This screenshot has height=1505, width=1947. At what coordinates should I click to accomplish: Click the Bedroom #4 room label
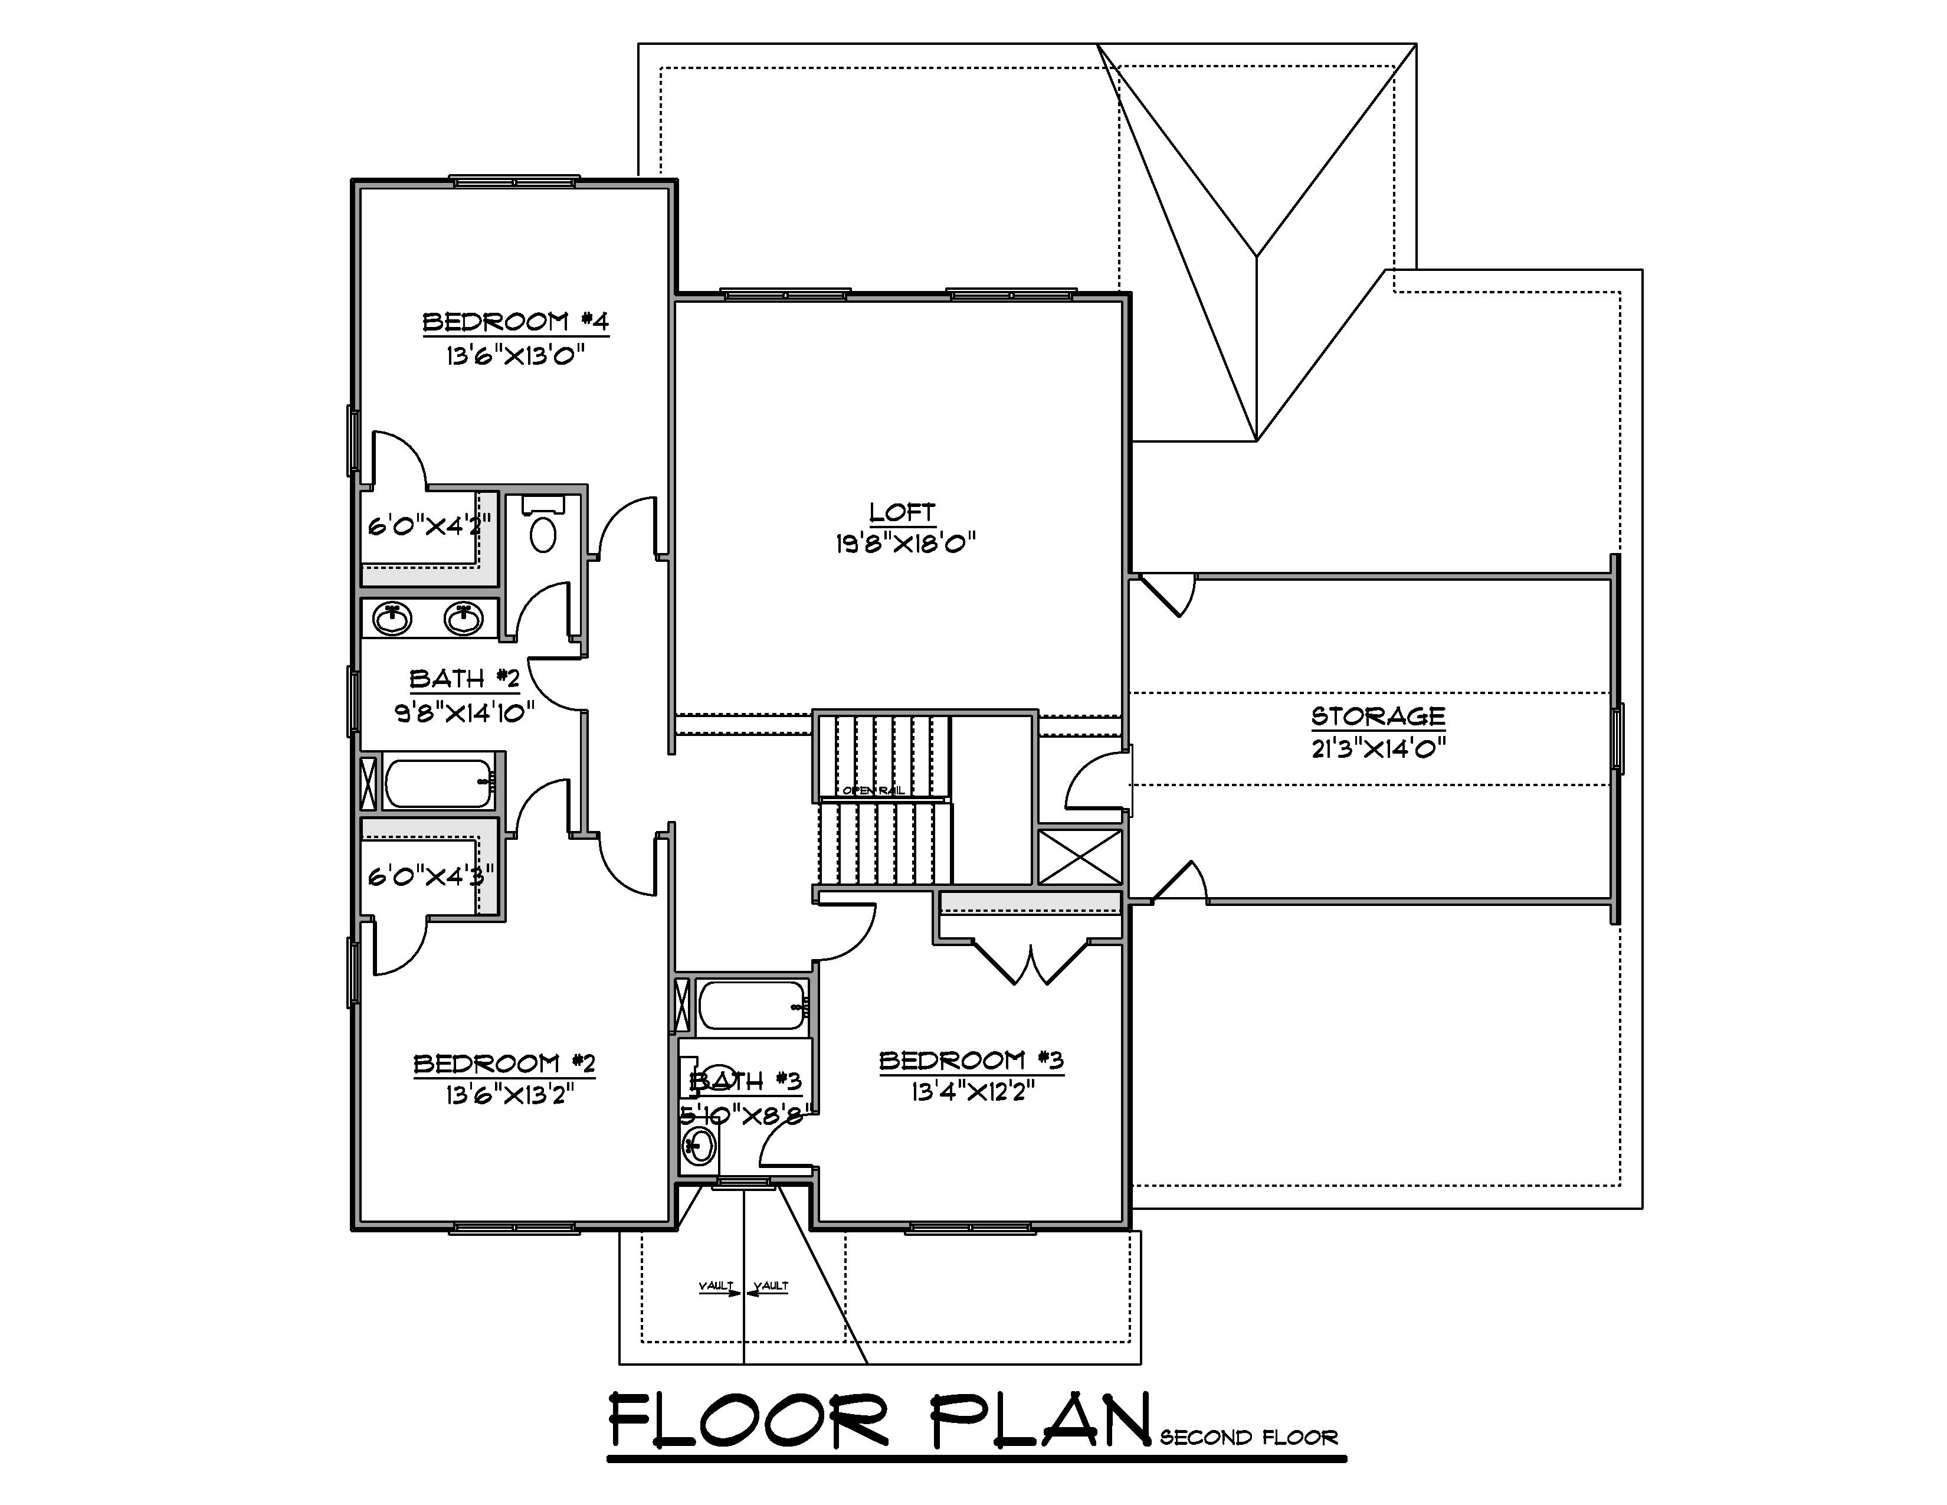(x=515, y=322)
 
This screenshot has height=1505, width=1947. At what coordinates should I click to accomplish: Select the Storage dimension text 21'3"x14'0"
(x=1377, y=747)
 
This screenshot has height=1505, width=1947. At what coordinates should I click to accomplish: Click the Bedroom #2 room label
(x=504, y=1064)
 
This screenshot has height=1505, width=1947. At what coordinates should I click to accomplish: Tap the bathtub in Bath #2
(x=438, y=782)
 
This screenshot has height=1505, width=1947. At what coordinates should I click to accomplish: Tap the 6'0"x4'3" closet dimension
(x=430, y=877)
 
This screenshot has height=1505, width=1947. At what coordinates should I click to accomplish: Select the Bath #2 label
(x=464, y=679)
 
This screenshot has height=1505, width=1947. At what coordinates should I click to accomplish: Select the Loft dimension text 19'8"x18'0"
(x=905, y=543)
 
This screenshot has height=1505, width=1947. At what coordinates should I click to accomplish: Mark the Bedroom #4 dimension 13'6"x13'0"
(x=515, y=356)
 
